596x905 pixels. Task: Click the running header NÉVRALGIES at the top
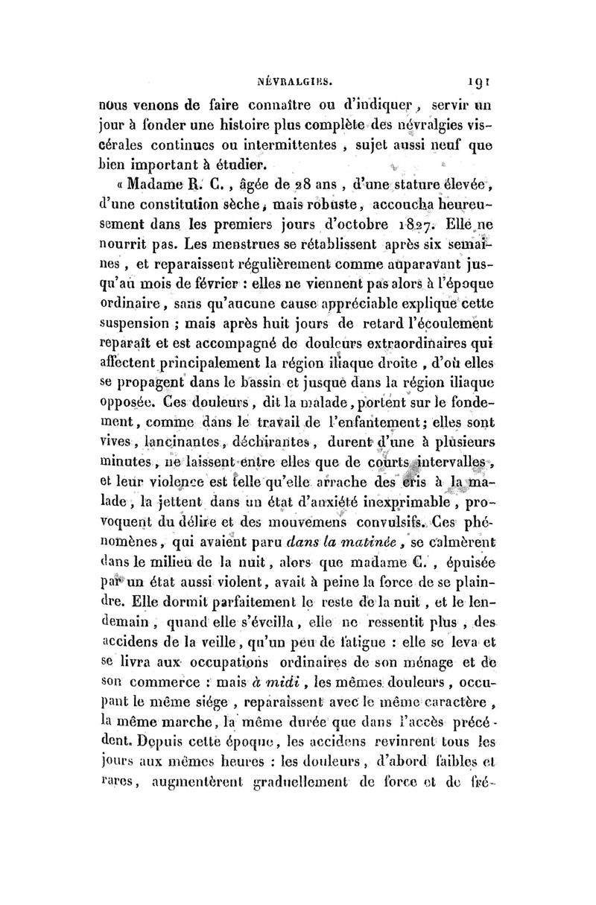pos(305,75)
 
